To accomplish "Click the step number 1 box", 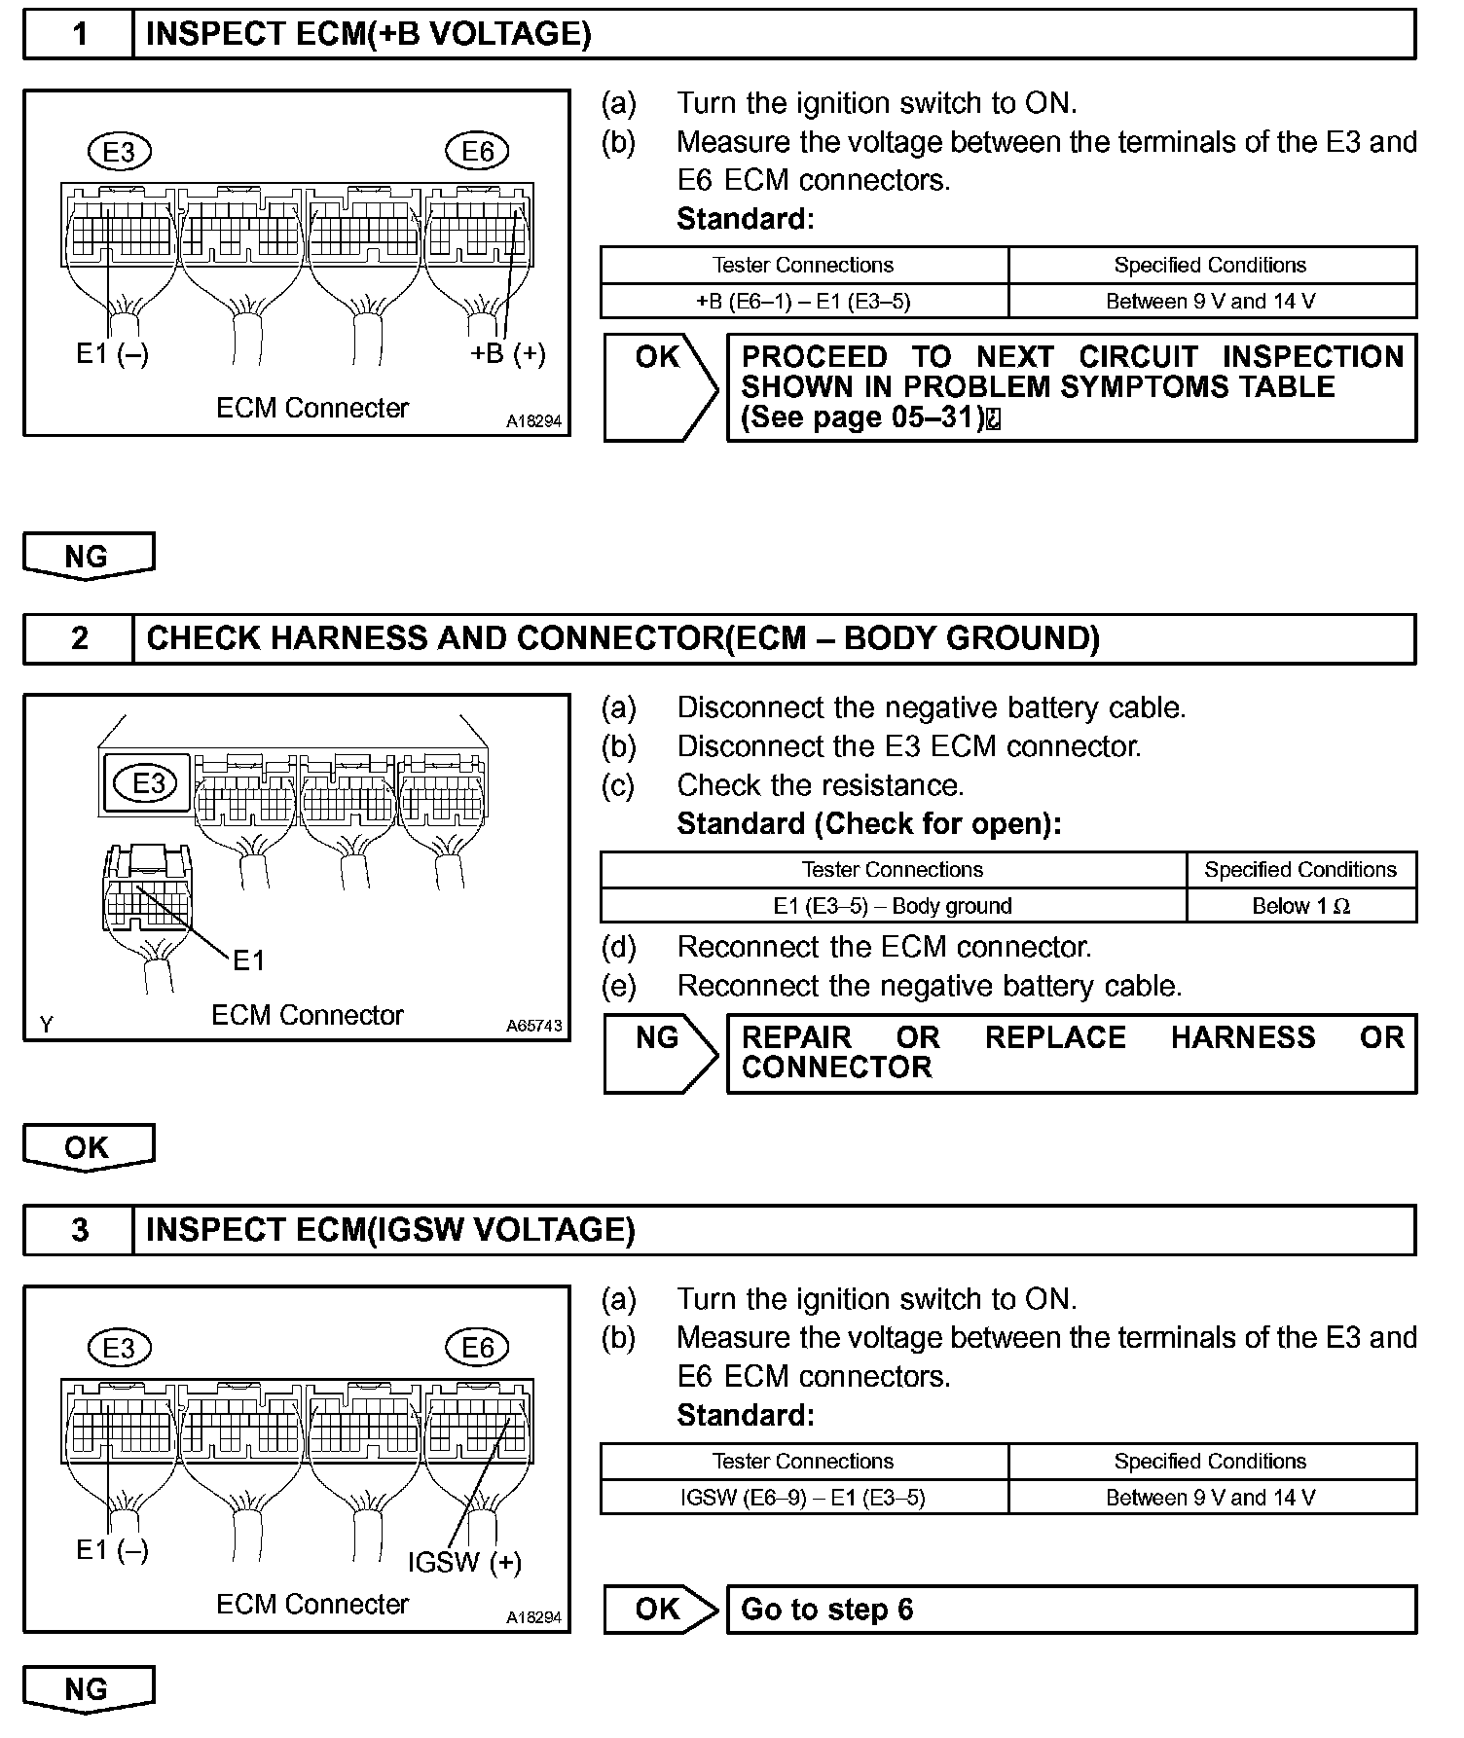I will tap(79, 35).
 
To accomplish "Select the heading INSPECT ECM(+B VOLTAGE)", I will tap(368, 35).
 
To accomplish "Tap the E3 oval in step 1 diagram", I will tap(119, 151).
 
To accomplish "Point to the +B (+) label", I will tap(507, 352).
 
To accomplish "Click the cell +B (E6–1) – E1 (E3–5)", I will tap(803, 302).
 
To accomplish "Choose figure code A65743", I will tap(533, 1026).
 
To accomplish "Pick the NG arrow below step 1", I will tap(88, 557).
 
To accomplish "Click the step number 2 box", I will tap(79, 638).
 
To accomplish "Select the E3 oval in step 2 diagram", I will tap(148, 783).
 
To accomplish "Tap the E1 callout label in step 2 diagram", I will tap(248, 961).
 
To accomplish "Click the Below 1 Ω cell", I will tap(1300, 906).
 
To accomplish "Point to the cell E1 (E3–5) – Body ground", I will tap(893, 906).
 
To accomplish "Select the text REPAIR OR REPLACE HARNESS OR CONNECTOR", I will tap(1071, 1053).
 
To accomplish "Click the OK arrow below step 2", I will tap(88, 1147).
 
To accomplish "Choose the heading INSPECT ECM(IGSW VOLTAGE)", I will tap(389, 1230).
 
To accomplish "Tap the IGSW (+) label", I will tap(464, 1563).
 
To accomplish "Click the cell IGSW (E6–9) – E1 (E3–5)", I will tap(803, 1498).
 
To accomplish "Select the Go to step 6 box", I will tap(1071, 1610).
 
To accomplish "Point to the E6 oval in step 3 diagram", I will tap(477, 1348).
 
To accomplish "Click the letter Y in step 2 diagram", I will tap(46, 1024).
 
